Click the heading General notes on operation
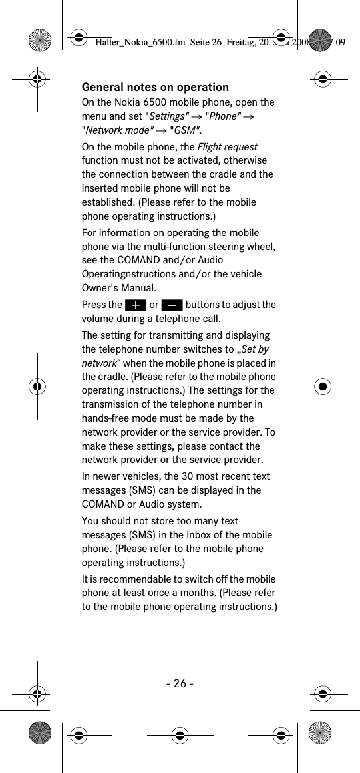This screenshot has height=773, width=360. (x=155, y=87)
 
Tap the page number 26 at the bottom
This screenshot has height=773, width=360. (x=180, y=683)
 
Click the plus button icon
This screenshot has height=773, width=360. (x=135, y=305)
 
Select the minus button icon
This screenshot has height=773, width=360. (x=172, y=305)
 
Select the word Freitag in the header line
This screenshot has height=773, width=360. (x=242, y=43)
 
